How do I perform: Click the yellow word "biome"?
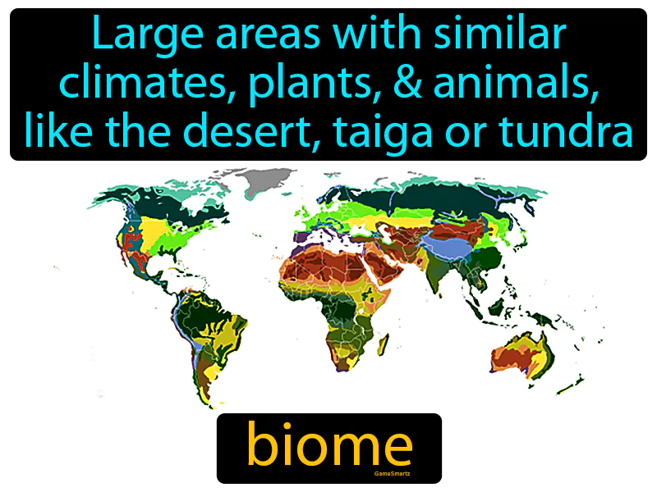click(x=328, y=447)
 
